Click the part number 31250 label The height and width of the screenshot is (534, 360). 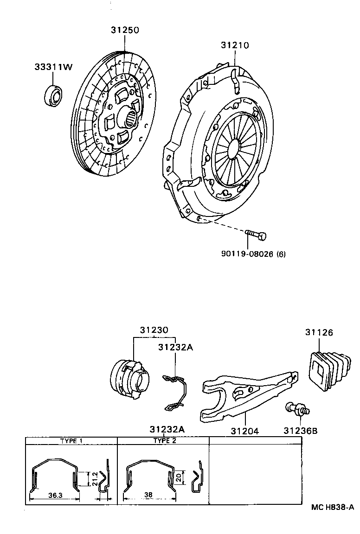tap(125, 30)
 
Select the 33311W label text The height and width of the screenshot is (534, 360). tap(53, 67)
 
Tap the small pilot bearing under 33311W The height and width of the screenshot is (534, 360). tap(53, 95)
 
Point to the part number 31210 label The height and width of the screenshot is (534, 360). tap(235, 45)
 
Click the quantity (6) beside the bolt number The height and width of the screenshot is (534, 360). tap(281, 254)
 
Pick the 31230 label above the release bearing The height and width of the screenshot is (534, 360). tap(154, 330)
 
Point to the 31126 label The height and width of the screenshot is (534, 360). tap(319, 332)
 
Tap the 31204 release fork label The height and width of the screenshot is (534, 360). tap(244, 431)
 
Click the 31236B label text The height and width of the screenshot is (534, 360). tap(300, 431)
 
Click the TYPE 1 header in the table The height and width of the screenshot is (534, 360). tap(71, 441)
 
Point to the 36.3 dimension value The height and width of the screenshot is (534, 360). tap(54, 495)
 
